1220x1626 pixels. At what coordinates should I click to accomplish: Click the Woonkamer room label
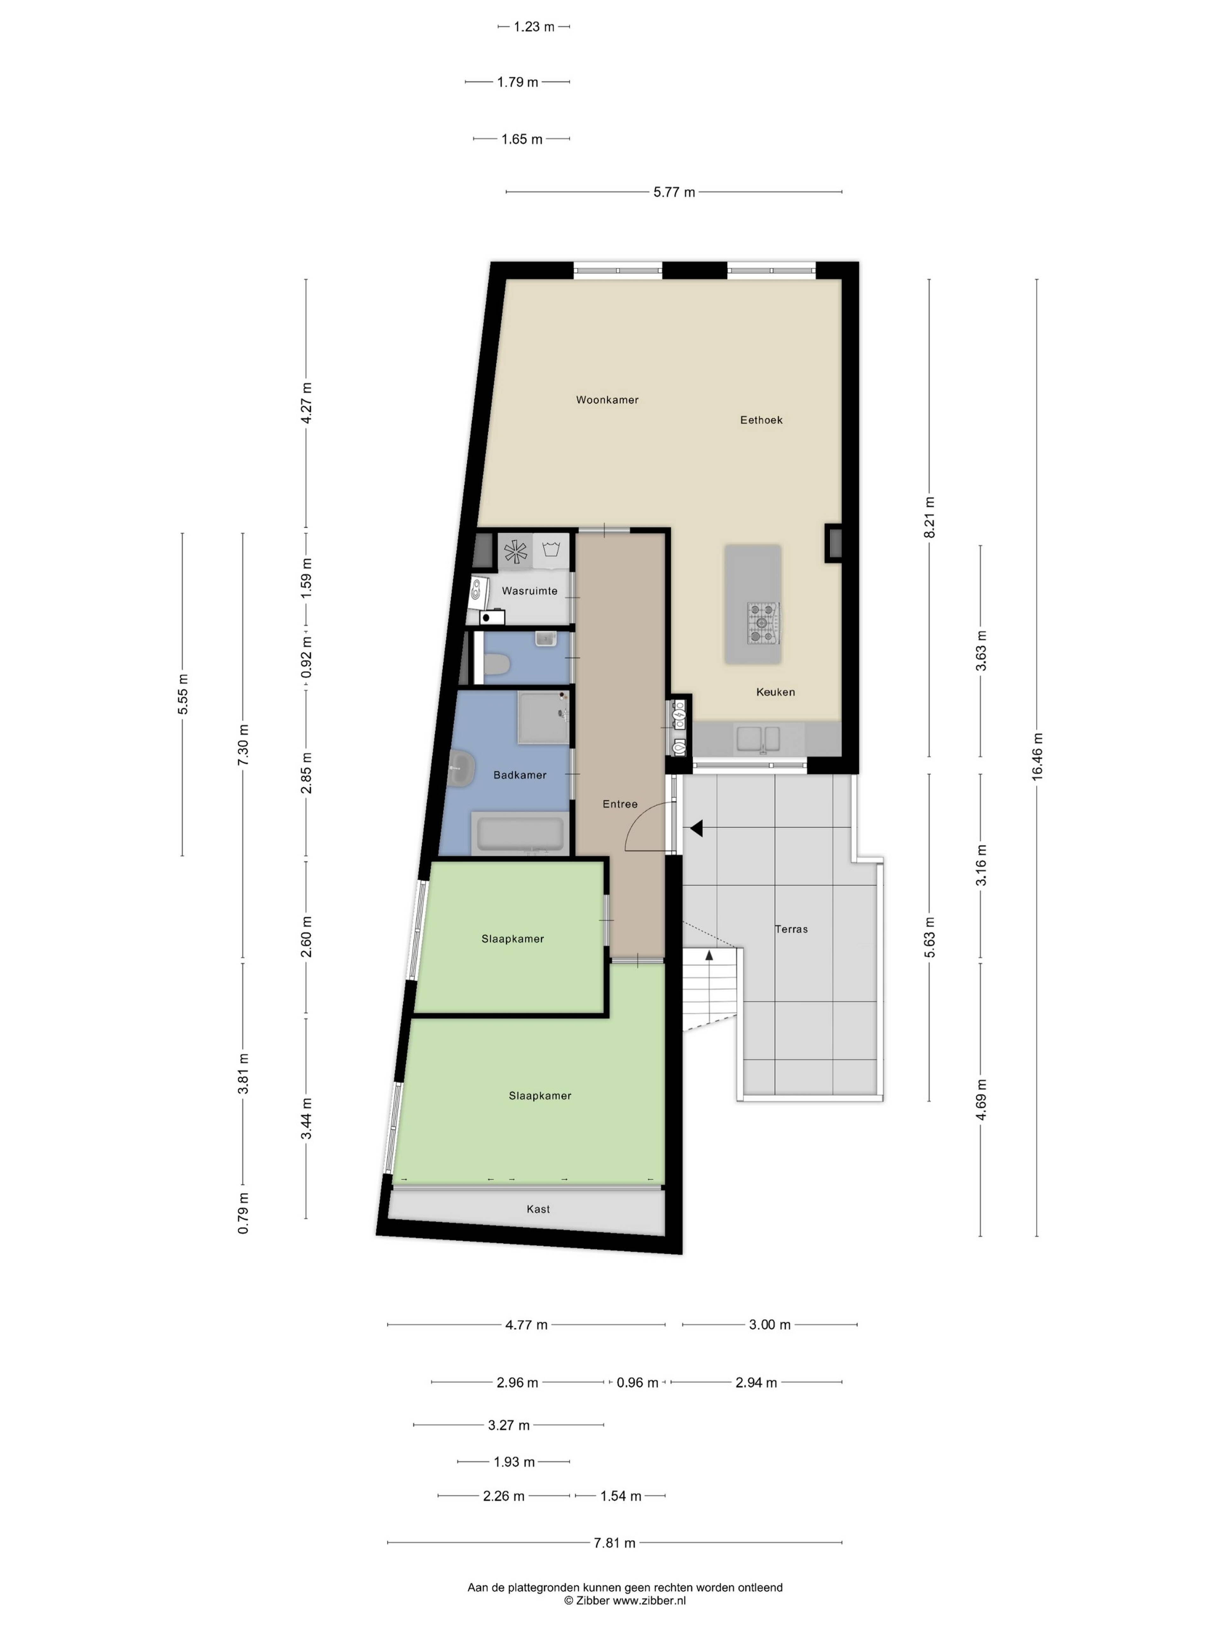pyautogui.click(x=607, y=400)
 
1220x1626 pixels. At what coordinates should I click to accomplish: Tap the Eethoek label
pyautogui.click(x=761, y=420)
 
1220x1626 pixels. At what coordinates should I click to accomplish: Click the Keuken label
pyautogui.click(x=775, y=692)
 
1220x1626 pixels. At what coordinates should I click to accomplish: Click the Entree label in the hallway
pyautogui.click(x=620, y=804)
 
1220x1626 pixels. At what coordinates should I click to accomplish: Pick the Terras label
pyautogui.click(x=791, y=929)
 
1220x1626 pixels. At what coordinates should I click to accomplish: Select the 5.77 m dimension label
pyautogui.click(x=674, y=192)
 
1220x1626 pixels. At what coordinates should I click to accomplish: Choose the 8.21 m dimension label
pyautogui.click(x=930, y=518)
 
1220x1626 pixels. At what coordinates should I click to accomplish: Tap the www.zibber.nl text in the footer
pyautogui.click(x=649, y=1600)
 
